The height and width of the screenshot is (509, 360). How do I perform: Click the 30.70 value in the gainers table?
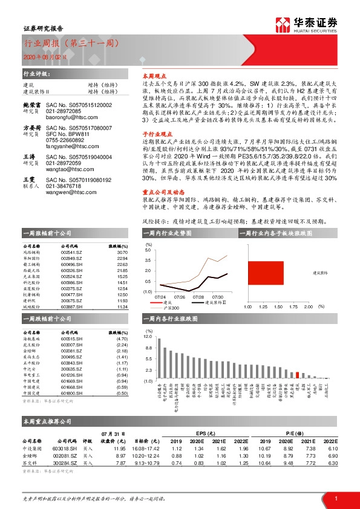tap(120, 251)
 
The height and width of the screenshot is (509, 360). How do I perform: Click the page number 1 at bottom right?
tap(335, 497)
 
